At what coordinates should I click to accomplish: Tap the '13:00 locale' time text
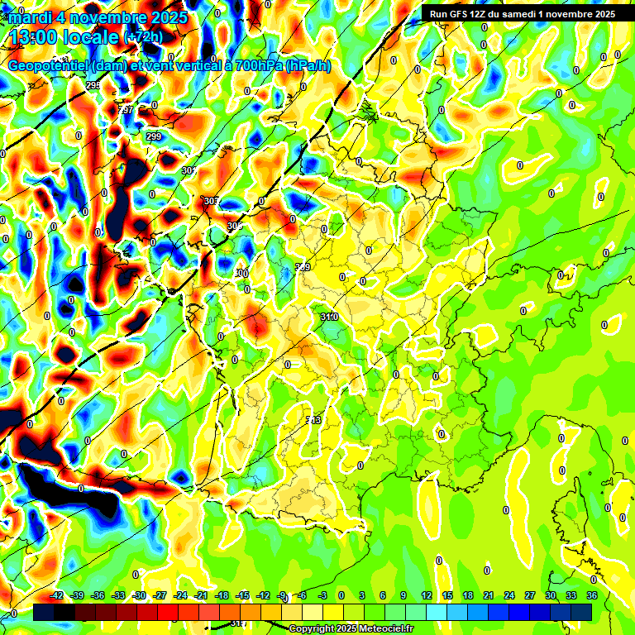(x=63, y=37)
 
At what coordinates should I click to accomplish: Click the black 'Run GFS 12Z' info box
(x=522, y=13)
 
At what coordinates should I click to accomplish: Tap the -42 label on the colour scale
(x=57, y=595)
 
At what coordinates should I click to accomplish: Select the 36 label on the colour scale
(x=592, y=595)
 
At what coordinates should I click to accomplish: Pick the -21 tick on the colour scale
(x=201, y=595)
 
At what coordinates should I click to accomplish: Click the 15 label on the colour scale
(x=447, y=595)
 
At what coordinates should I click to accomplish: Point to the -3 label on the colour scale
(x=324, y=595)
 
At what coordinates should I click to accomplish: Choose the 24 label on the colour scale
(x=509, y=595)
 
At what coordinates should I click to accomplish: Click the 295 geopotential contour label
(x=93, y=85)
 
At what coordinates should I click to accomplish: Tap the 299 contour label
(x=154, y=136)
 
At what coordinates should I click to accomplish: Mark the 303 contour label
(x=212, y=201)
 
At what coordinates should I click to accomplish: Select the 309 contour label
(x=303, y=267)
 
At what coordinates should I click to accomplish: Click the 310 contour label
(x=329, y=317)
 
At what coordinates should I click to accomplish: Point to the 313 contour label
(x=313, y=421)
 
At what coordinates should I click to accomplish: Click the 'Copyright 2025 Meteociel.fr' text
(x=351, y=628)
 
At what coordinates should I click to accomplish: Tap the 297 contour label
(x=126, y=110)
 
